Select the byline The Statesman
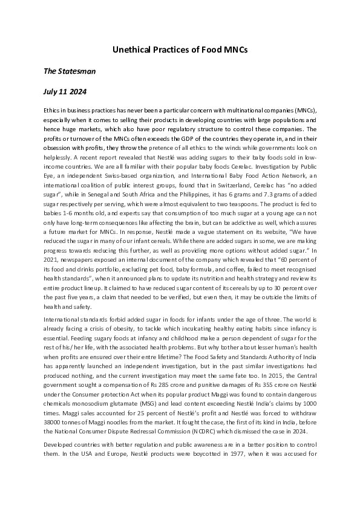pos(70,71)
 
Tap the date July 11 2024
pos(65,92)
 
